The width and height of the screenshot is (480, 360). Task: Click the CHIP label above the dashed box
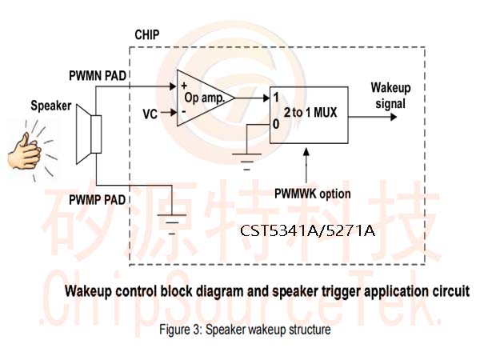coord(147,34)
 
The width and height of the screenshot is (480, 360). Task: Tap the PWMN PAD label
coord(98,76)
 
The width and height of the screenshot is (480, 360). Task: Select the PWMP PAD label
coord(97,200)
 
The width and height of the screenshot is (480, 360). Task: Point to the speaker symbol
coord(89,134)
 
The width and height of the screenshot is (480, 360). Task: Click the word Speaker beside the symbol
coord(51,106)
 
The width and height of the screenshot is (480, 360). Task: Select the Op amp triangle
coord(206,98)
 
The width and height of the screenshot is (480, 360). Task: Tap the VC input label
coord(150,114)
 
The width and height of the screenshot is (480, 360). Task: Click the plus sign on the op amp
coord(184,86)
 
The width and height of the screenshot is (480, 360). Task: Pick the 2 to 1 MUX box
coord(309,115)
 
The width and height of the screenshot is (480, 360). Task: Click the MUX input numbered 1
coord(276,98)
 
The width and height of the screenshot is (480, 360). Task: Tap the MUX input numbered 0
coord(276,124)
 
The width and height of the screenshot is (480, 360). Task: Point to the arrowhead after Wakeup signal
coord(394,117)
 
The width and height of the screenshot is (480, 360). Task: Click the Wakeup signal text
coord(390,95)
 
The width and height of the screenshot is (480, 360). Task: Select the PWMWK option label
coord(312,194)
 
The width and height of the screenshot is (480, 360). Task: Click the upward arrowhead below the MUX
coord(306,152)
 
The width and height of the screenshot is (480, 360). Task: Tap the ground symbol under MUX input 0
coord(246,162)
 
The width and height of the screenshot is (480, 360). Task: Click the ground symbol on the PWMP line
coord(172,224)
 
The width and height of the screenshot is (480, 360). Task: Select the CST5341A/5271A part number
coord(307,230)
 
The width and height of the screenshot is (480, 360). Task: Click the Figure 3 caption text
coord(245,330)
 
